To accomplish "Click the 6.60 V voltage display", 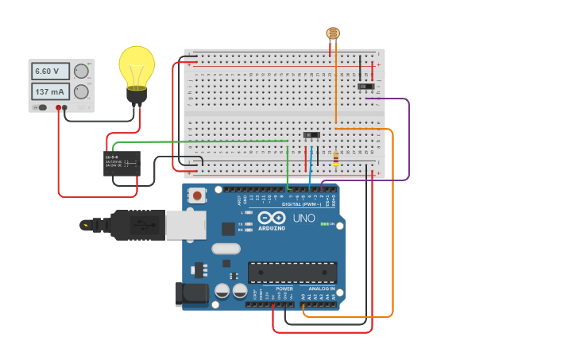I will click(x=49, y=72).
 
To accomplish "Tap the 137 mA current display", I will click(x=49, y=92).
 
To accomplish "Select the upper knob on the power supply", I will click(x=81, y=72).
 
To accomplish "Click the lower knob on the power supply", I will click(x=81, y=92).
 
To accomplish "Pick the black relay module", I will click(x=122, y=163).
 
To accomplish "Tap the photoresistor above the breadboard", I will click(x=333, y=33).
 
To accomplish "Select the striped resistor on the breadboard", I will click(x=336, y=160).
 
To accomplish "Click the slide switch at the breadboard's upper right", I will click(x=365, y=86).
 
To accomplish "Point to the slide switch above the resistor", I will click(x=311, y=135).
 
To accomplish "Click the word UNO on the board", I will click(x=304, y=218).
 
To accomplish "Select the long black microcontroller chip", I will click(x=292, y=272).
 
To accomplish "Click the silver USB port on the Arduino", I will click(x=186, y=225).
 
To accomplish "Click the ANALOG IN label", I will click(x=322, y=288).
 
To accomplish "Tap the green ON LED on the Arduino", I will click(x=324, y=224).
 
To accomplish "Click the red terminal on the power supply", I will click(x=58, y=107).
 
